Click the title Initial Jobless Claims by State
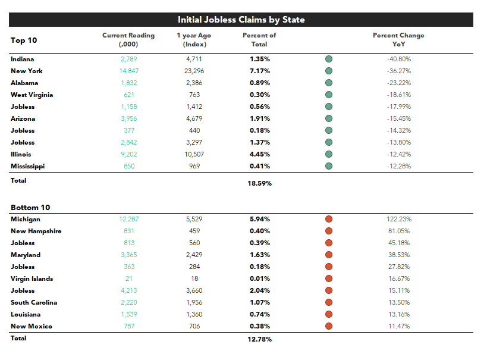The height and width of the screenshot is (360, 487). tap(241, 20)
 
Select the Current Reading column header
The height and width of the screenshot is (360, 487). tap(128, 39)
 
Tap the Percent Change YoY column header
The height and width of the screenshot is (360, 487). tap(398, 39)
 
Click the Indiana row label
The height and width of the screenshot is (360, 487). tap(23, 59)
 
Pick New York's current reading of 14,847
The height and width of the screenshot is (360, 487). tap(129, 71)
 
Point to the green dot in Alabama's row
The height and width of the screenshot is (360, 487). tap(329, 83)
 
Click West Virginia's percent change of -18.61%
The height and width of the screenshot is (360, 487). tap(399, 95)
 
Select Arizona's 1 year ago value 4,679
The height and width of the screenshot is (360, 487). tap(194, 118)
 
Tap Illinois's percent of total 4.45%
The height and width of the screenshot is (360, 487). tap(260, 154)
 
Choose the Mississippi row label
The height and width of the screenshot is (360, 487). tap(27, 167)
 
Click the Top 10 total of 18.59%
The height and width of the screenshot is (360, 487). tap(260, 183)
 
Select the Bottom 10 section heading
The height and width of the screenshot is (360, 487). tap(30, 207)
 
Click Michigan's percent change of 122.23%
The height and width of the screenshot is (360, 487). tap(399, 219)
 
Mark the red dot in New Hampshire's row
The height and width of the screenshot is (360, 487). tap(329, 231)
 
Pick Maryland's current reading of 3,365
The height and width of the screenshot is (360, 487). tap(129, 255)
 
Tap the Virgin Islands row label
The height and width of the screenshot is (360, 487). tap(32, 279)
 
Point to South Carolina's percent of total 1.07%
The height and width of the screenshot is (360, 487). tap(260, 302)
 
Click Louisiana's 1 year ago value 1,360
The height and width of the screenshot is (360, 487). tap(194, 314)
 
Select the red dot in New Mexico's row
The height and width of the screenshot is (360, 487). tap(329, 326)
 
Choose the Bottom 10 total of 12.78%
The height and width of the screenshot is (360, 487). tap(260, 339)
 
